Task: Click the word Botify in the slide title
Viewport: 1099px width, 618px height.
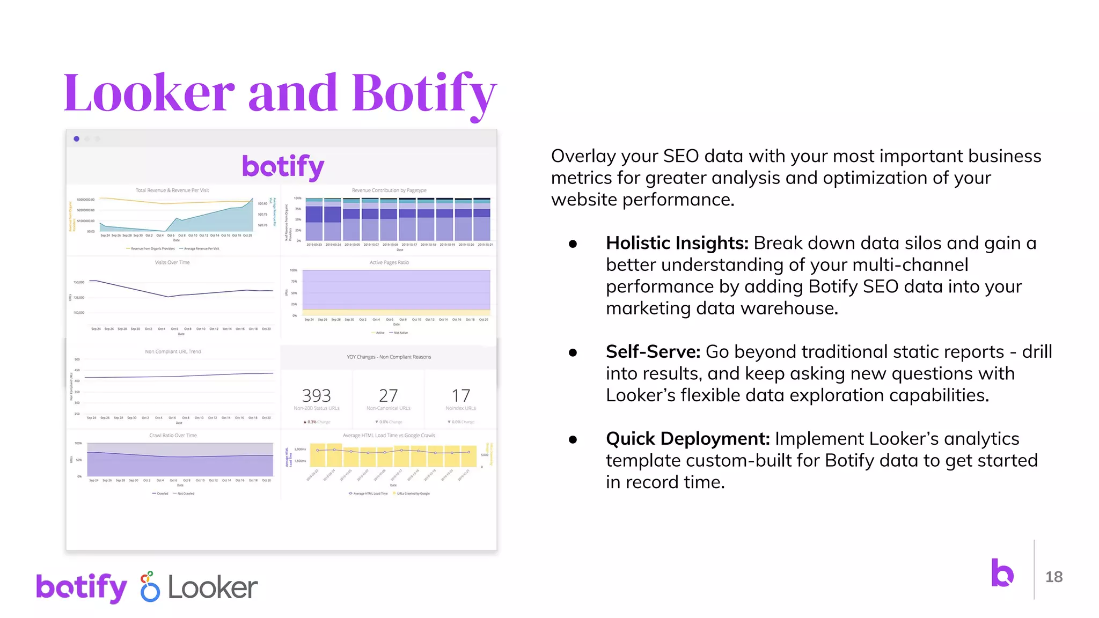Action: (x=424, y=93)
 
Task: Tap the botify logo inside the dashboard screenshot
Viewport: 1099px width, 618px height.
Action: (x=283, y=167)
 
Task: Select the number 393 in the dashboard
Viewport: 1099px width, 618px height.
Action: (x=316, y=396)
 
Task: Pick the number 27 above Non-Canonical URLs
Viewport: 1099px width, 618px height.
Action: (x=388, y=396)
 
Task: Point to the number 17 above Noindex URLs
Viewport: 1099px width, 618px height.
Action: (x=460, y=396)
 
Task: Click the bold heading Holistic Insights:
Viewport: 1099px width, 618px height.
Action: (x=677, y=243)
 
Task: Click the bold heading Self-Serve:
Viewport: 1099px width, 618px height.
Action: (x=653, y=352)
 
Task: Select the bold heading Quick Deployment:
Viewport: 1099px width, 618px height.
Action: (x=687, y=439)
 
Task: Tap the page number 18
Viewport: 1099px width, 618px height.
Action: (x=1053, y=577)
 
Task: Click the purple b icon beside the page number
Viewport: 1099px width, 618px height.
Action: (x=1002, y=573)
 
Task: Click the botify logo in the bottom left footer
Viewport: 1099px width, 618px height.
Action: (x=82, y=587)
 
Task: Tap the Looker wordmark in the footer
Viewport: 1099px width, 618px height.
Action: (x=213, y=588)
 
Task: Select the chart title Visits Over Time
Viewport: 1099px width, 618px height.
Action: (x=172, y=262)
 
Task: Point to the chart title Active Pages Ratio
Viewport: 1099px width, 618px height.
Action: (x=389, y=262)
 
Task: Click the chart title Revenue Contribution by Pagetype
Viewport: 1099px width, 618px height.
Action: (x=389, y=190)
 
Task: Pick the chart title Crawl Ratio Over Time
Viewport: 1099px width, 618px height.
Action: (x=173, y=436)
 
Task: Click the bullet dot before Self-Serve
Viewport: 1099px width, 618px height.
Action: (x=573, y=352)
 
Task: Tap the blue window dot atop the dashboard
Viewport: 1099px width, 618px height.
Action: (x=77, y=139)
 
